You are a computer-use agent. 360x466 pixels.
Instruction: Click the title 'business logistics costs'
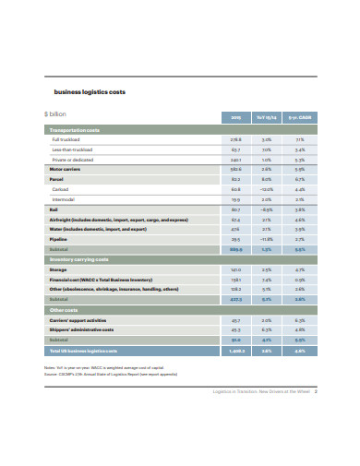90,92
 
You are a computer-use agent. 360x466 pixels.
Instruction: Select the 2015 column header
234,115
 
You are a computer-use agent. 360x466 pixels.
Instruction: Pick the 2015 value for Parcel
235,179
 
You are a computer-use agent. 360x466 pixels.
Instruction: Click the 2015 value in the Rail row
235,209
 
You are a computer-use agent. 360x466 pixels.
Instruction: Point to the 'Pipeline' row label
59,239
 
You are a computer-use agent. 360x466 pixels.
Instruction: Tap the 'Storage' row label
59,270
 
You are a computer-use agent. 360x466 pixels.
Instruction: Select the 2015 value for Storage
235,270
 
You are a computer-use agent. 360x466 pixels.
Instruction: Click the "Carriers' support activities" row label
82,319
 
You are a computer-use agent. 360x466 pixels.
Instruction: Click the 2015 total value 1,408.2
234,351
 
